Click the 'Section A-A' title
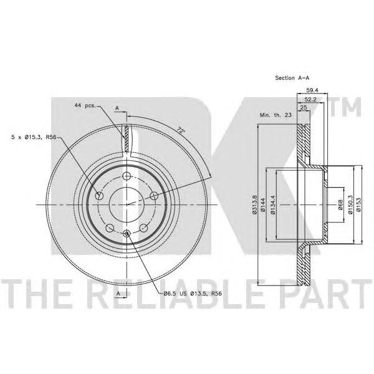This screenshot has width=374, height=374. pyautogui.click(x=292, y=78)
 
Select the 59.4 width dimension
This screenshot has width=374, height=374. pyautogui.click(x=312, y=90)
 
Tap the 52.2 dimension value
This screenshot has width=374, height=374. pyautogui.click(x=310, y=100)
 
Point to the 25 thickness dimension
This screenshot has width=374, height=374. pyautogui.click(x=304, y=108)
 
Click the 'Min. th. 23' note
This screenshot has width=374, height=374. pyautogui.click(x=276, y=115)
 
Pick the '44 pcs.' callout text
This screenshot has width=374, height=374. pyautogui.click(x=85, y=105)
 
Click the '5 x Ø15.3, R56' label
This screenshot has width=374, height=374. pyautogui.click(x=34, y=137)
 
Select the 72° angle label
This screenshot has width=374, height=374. pyautogui.click(x=181, y=130)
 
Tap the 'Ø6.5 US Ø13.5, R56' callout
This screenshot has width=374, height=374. pyautogui.click(x=193, y=294)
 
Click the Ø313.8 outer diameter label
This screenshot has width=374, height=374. pyautogui.click(x=254, y=204)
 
